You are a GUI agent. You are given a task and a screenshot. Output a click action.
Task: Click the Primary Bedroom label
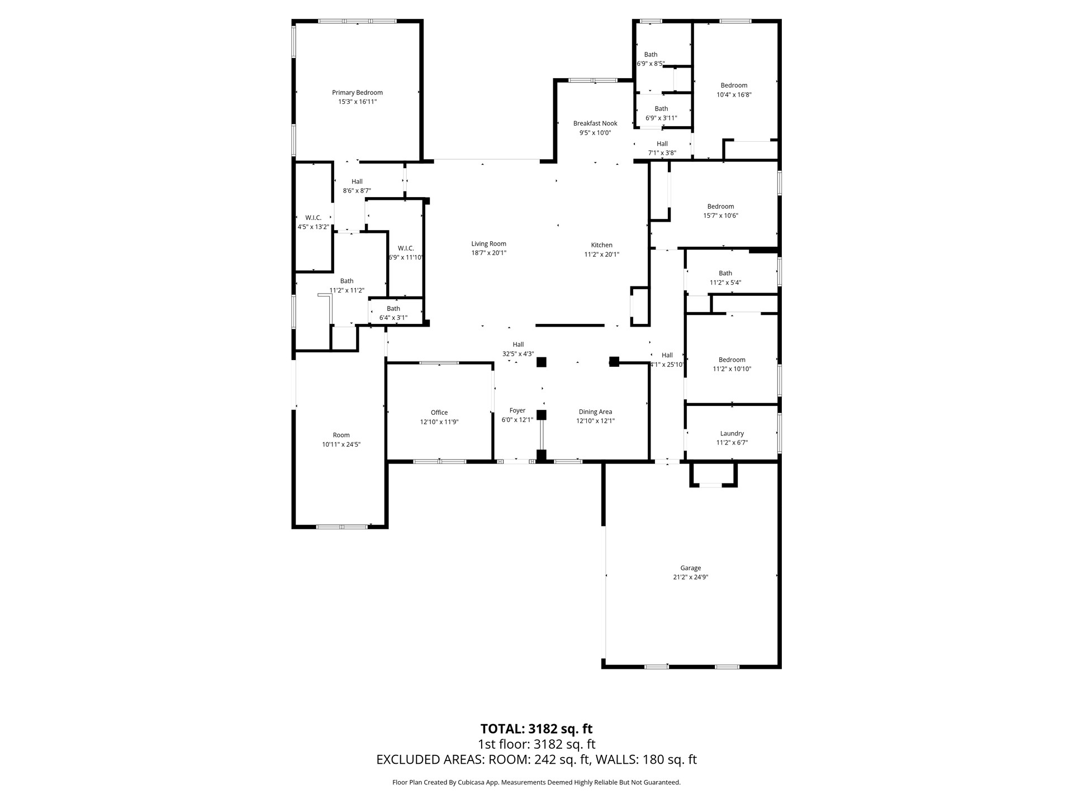pyautogui.click(x=357, y=93)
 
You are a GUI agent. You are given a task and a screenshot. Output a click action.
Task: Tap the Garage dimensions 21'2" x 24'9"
pyautogui.click(x=690, y=577)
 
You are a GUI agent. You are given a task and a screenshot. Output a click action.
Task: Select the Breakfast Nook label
pyautogui.click(x=595, y=123)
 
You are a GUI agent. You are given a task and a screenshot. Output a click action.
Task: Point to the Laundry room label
pyautogui.click(x=732, y=433)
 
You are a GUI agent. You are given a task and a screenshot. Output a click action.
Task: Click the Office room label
pyautogui.click(x=439, y=413)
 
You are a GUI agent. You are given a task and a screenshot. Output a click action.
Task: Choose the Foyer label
pyautogui.click(x=517, y=410)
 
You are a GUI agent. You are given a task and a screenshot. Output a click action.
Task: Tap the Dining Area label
pyautogui.click(x=595, y=411)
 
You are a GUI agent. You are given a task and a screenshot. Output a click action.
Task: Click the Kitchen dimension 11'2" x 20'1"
pyautogui.click(x=601, y=254)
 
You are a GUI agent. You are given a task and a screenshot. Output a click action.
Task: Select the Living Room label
pyautogui.click(x=488, y=243)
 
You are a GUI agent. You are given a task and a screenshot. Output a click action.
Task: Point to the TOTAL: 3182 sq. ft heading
pyautogui.click(x=536, y=729)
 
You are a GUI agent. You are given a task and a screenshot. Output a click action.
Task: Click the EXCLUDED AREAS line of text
pyautogui.click(x=536, y=759)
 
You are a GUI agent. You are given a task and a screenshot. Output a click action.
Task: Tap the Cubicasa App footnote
pyautogui.click(x=536, y=782)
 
